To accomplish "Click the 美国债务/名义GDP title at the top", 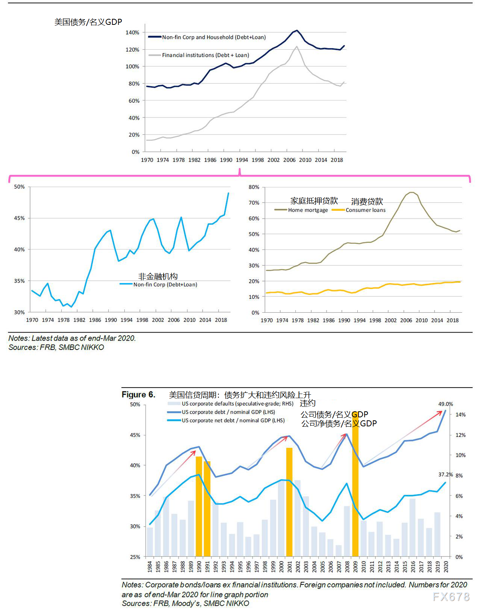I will click(x=88, y=22).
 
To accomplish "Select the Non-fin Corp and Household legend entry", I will click(x=213, y=37).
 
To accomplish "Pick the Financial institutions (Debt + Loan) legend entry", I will click(x=205, y=55).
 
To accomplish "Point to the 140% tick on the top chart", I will click(x=132, y=33).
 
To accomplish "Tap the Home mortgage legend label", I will click(x=308, y=210).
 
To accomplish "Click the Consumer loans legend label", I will click(x=365, y=210).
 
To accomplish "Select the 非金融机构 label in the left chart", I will click(x=158, y=277).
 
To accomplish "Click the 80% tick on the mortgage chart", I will click(x=254, y=187).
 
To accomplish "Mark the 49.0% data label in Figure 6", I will click(x=446, y=404).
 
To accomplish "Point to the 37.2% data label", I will click(x=445, y=475).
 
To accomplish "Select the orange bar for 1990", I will click(x=199, y=506).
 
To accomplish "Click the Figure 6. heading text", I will click(x=138, y=394).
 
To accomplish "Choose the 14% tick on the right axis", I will click(x=460, y=415).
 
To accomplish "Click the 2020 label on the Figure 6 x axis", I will click(x=446, y=567).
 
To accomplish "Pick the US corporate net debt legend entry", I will click(x=233, y=420).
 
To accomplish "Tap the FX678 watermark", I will click(x=451, y=596).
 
